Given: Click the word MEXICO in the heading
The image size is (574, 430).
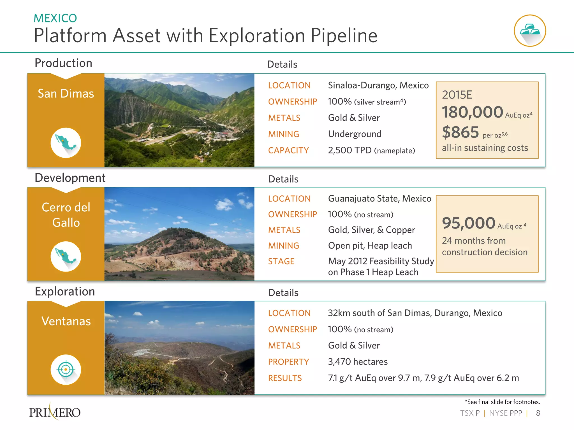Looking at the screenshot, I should (55, 18).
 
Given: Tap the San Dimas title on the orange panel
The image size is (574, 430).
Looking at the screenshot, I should (66, 94).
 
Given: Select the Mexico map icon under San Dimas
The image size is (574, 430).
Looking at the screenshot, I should (66, 142).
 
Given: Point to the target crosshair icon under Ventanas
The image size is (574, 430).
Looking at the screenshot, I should (66, 370).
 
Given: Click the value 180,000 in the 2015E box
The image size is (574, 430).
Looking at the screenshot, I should (473, 112).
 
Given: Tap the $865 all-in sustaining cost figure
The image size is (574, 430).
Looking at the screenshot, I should (460, 132).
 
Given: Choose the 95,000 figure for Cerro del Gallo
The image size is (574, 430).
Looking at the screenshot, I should (469, 223).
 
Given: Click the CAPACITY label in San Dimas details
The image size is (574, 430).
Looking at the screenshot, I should (288, 151).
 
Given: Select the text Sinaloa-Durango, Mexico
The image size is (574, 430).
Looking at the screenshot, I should (378, 85).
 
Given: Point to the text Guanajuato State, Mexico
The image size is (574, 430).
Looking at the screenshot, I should (379, 199).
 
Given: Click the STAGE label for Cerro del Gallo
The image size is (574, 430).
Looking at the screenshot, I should (281, 261).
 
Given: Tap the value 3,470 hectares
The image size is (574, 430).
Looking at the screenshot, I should (358, 362).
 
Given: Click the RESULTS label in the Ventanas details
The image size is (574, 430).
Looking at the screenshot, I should (285, 378).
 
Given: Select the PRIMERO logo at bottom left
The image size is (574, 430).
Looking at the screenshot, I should (55, 412).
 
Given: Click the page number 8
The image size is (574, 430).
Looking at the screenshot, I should (538, 413).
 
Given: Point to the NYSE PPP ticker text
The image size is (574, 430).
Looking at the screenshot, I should (506, 413).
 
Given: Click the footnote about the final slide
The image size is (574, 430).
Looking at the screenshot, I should (502, 402).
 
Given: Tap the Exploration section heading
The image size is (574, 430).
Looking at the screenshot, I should (65, 292).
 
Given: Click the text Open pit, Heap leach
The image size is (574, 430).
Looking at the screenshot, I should (370, 246).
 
